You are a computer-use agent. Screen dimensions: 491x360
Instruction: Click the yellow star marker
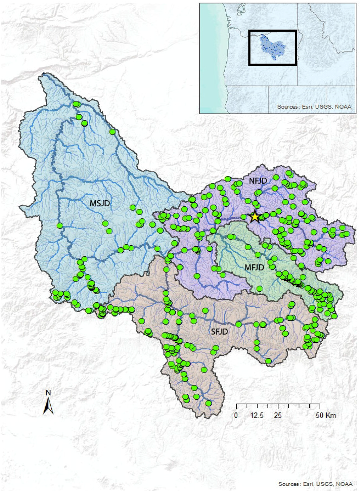pyautogui.click(x=255, y=217)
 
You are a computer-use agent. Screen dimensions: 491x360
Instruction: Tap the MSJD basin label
pyautogui.click(x=100, y=203)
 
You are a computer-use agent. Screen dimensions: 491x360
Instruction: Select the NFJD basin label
pyautogui.click(x=258, y=181)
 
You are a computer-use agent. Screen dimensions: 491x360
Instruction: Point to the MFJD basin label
pyautogui.click(x=254, y=267)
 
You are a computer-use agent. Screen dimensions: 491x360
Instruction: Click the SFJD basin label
pyautogui.click(x=219, y=331)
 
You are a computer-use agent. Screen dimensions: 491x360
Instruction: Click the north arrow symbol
pyautogui.click(x=49, y=406)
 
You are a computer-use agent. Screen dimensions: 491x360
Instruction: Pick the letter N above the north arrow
pyautogui.click(x=49, y=393)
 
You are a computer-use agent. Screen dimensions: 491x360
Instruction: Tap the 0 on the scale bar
pyautogui.click(x=236, y=415)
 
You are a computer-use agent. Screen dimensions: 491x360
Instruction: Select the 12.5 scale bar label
pyautogui.click(x=257, y=415)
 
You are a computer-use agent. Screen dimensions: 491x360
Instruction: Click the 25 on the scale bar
pyautogui.click(x=278, y=415)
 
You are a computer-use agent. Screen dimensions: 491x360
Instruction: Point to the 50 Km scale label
pyautogui.click(x=326, y=415)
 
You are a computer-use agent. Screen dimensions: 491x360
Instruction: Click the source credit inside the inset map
pyautogui.click(x=314, y=106)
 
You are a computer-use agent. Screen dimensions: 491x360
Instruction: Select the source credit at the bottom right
pyautogui.click(x=315, y=484)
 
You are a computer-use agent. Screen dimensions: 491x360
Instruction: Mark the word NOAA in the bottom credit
pyautogui.click(x=344, y=484)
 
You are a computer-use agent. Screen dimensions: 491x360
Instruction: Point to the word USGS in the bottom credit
pyautogui.click(x=324, y=484)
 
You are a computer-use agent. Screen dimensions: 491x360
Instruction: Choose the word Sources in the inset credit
pyautogui.click(x=288, y=106)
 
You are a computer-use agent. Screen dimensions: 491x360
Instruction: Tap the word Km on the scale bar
pyautogui.click(x=331, y=415)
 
